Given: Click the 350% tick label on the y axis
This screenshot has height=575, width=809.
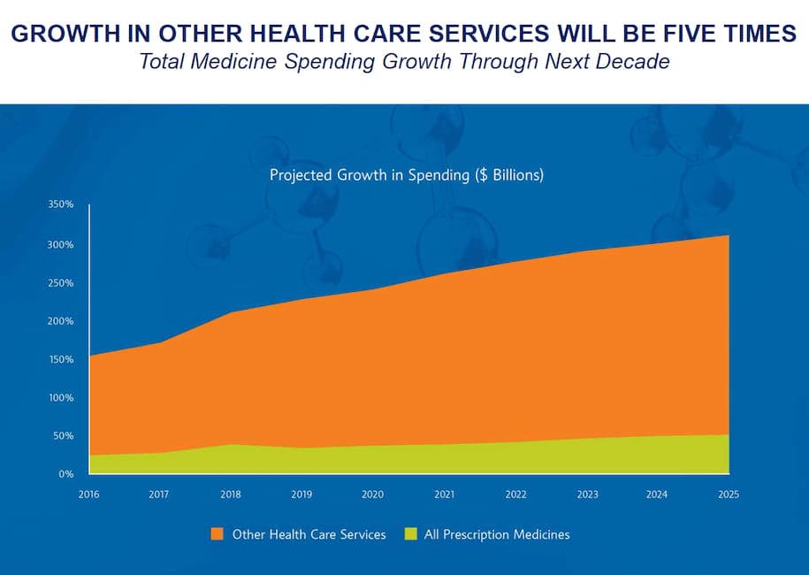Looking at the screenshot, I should click(61, 205).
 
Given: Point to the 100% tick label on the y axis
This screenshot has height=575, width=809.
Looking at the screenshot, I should click(61, 397).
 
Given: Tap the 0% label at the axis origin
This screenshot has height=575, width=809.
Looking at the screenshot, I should click(65, 474).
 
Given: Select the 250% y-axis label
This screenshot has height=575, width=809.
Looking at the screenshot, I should click(61, 283).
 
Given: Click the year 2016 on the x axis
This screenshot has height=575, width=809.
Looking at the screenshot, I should click(89, 494).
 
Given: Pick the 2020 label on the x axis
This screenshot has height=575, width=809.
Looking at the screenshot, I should click(373, 494).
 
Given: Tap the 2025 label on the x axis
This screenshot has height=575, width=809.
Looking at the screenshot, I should click(729, 494).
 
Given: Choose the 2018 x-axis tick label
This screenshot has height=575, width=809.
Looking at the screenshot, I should click(231, 494).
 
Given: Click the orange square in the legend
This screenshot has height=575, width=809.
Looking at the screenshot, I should click(217, 534).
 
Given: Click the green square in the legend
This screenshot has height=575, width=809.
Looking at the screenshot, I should click(410, 534).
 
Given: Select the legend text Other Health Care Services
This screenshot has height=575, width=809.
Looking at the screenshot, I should click(309, 534).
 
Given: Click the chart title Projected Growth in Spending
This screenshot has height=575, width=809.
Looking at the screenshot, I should click(406, 175).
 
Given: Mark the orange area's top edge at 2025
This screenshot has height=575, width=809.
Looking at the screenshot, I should click(729, 235).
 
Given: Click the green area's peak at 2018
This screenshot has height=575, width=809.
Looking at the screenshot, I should click(231, 445).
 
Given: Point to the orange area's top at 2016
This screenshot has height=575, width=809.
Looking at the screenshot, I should click(90, 356).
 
